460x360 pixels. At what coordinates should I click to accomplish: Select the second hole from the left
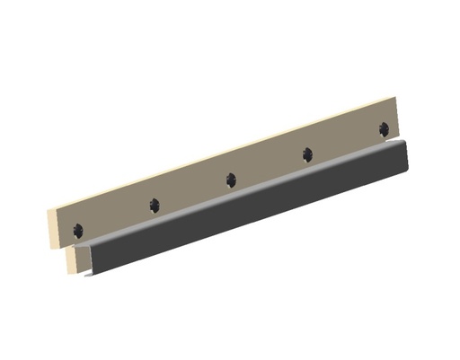pyautogui.click(x=155, y=205)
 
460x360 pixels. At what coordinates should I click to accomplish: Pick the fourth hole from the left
pyautogui.click(x=307, y=154)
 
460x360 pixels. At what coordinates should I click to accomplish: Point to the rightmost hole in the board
pyautogui.click(x=384, y=127)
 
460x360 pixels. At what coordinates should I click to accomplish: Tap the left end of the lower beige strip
pyautogui.click(x=70, y=259)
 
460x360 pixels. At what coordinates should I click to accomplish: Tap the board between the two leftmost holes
pyautogui.click(x=117, y=215)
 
